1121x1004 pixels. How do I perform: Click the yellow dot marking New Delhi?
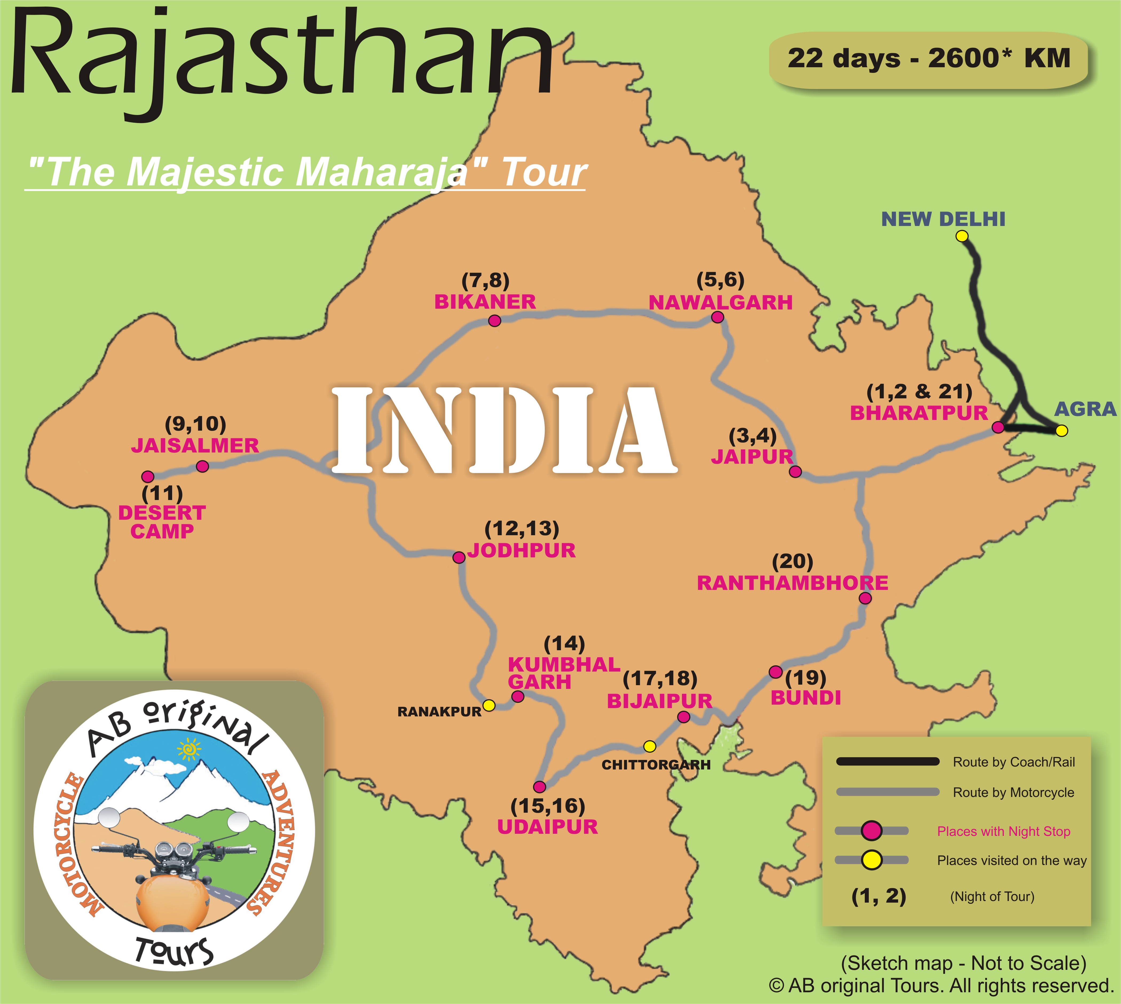coord(961,236)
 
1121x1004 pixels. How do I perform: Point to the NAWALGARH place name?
coord(720,302)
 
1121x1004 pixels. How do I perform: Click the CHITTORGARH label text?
coord(656,765)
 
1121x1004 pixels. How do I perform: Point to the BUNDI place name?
coord(805,698)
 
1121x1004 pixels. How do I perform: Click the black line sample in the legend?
coord(887,762)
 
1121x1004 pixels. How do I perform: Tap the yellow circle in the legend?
coord(872,860)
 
